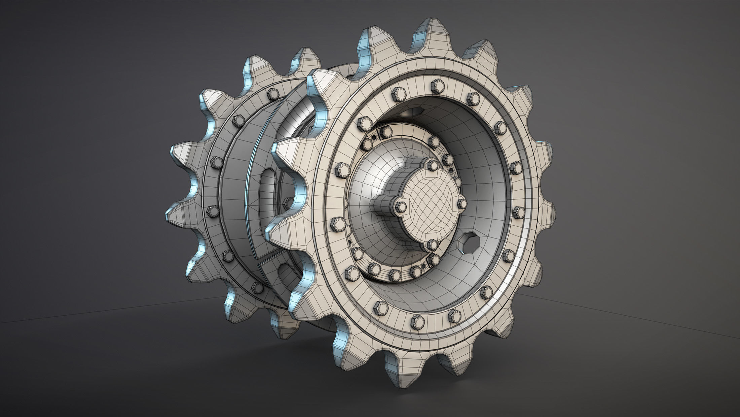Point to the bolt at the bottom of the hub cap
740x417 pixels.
[x=433, y=244]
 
